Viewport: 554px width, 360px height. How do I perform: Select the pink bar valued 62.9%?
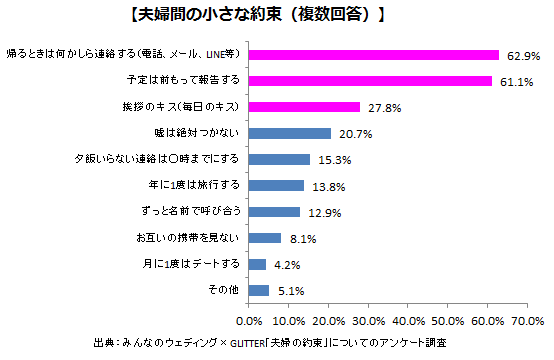coord(373,54)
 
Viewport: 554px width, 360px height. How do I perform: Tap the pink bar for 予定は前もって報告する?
coord(369,80)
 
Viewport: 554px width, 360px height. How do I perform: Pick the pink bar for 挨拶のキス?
coord(303,106)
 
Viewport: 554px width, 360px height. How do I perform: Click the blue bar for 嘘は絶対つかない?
coord(289,132)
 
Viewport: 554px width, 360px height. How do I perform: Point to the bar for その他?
coord(258,290)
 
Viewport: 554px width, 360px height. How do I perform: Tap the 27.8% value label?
coord(379,106)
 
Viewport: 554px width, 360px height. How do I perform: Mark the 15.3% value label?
coord(329,159)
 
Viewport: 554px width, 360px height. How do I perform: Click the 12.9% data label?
coord(319,211)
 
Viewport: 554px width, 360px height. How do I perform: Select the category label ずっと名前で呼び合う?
coord(189,211)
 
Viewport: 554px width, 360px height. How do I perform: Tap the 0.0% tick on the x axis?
coord(249,320)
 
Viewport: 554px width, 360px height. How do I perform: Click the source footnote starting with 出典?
coord(277,342)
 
